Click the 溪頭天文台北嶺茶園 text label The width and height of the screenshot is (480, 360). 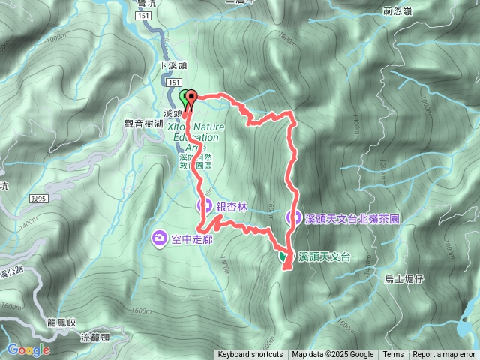pyautogui.click(x=351, y=218)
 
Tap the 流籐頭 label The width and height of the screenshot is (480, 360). pyautogui.click(x=95, y=338)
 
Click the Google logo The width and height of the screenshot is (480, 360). pyautogui.click(x=29, y=349)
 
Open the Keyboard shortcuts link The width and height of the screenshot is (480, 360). pyautogui.click(x=250, y=355)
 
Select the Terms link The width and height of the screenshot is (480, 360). pyautogui.click(x=393, y=355)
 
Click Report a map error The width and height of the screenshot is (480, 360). pyautogui.click(x=445, y=355)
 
